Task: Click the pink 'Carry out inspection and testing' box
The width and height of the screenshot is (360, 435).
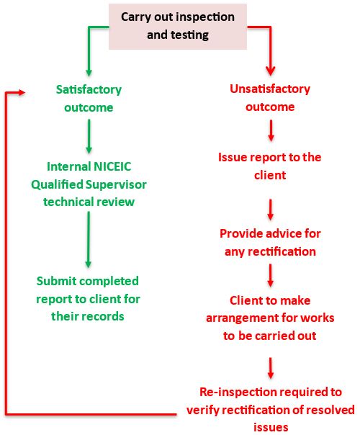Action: point(178,27)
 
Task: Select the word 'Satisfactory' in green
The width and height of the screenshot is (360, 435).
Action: point(89,90)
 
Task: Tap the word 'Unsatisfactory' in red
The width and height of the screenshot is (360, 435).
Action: point(270,89)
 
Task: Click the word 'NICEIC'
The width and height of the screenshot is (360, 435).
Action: point(112,166)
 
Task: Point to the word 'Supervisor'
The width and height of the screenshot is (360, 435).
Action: point(116,184)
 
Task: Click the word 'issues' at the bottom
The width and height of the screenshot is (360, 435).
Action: point(271,427)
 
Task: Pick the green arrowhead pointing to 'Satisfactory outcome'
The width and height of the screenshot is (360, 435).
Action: point(89,72)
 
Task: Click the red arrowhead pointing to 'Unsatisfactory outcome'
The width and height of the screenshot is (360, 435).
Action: point(271,71)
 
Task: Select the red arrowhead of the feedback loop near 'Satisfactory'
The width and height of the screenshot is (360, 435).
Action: point(22,93)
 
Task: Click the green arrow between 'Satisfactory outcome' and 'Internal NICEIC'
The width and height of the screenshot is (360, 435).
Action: point(89,136)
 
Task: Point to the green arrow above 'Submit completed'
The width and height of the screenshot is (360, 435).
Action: point(89,240)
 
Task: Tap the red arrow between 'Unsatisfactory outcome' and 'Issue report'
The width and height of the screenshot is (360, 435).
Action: point(271,130)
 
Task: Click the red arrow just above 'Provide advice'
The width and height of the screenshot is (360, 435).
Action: point(271,210)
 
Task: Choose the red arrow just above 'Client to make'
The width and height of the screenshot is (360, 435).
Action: point(271,276)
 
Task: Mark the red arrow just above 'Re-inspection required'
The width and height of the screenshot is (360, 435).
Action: point(271,368)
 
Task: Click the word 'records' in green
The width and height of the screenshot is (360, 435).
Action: point(107,317)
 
